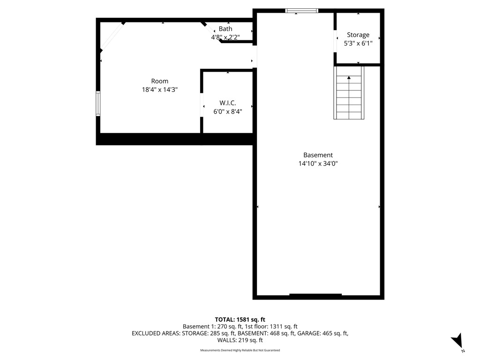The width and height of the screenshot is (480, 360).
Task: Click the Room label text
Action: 159,81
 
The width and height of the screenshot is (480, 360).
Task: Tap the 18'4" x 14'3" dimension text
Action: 159,90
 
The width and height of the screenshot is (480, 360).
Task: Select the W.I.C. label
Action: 227,103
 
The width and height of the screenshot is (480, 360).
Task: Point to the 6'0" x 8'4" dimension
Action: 227,111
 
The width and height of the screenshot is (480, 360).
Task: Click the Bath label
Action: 225,29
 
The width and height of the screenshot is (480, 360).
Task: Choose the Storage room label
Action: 358,35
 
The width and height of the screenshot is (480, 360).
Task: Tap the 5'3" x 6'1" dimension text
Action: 358,43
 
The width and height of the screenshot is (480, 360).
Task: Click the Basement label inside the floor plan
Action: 318,155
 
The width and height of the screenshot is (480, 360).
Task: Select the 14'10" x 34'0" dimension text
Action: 318,164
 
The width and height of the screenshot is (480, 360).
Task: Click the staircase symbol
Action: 349,96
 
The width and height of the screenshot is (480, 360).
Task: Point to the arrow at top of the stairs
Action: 349,78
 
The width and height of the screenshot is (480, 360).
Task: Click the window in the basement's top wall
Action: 302,10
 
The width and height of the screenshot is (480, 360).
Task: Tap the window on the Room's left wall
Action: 98,103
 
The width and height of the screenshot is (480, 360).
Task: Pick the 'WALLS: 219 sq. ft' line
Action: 240,340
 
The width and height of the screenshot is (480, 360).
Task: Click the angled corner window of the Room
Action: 112,36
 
